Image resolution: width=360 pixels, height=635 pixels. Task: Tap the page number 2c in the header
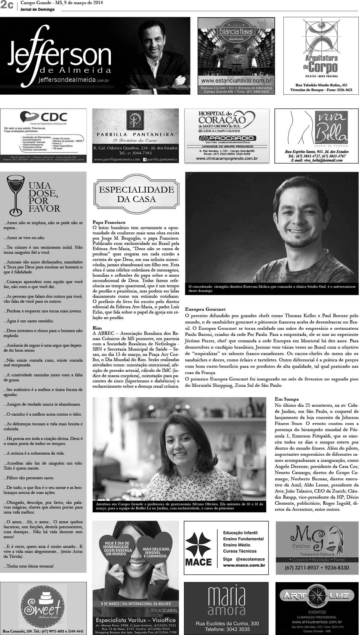pyautogui.click(x=7, y=6)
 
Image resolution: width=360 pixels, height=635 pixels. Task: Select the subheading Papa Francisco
pyautogui.click(x=109, y=222)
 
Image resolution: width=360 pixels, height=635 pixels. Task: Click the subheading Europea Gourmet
pyautogui.click(x=205, y=309)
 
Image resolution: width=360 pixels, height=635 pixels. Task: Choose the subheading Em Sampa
pyautogui.click(x=286, y=399)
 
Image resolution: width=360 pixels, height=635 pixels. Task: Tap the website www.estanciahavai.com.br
pyautogui.click(x=236, y=81)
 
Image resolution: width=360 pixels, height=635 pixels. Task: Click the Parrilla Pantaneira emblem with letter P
pyautogui.click(x=135, y=120)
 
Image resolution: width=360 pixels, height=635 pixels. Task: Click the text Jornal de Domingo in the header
pyautogui.click(x=37, y=9)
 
